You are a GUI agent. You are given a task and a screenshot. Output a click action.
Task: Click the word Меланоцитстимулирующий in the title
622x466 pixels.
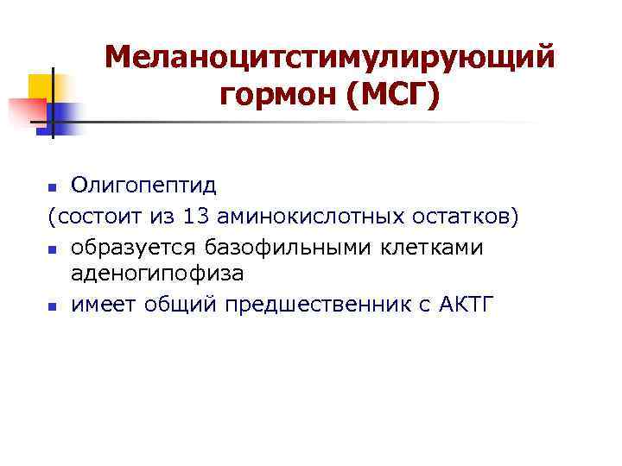tap(328, 59)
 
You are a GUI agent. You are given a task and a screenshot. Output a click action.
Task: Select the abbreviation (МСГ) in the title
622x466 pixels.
tap(392, 96)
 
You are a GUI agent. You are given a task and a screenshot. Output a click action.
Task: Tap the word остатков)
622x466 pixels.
tap(465, 215)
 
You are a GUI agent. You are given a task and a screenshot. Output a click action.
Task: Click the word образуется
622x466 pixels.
tap(136, 247)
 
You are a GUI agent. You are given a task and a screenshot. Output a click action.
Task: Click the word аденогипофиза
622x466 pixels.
tap(157, 274)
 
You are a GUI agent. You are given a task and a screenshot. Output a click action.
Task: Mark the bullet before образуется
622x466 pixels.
tap(52, 249)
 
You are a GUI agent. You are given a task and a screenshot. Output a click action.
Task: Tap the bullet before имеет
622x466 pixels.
tap(52, 306)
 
